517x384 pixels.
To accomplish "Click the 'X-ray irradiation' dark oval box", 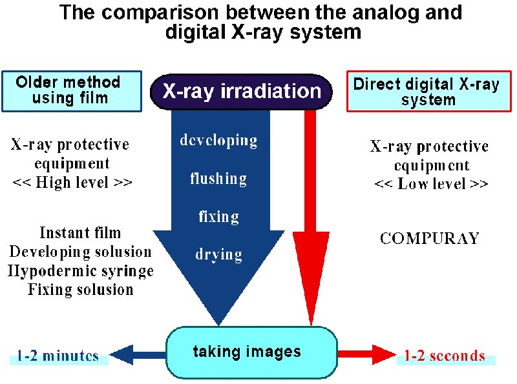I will click(242, 91).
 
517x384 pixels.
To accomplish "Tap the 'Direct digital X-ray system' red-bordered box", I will click(427, 92).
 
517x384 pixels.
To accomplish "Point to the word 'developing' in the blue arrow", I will click(218, 141).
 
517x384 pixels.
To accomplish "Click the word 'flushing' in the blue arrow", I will click(218, 179).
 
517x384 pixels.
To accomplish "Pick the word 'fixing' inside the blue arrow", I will click(218, 217).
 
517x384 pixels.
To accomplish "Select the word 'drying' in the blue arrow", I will click(218, 254).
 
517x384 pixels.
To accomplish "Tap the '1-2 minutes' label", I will click(58, 356).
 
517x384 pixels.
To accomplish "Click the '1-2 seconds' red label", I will click(445, 356).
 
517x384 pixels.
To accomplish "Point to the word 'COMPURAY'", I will click(430, 239).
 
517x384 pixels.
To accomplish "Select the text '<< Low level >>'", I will click(430, 184).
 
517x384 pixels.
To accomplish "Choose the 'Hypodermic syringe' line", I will click(81, 270).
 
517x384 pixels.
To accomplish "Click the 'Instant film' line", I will click(80, 233).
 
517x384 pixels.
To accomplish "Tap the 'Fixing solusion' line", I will click(81, 289).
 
